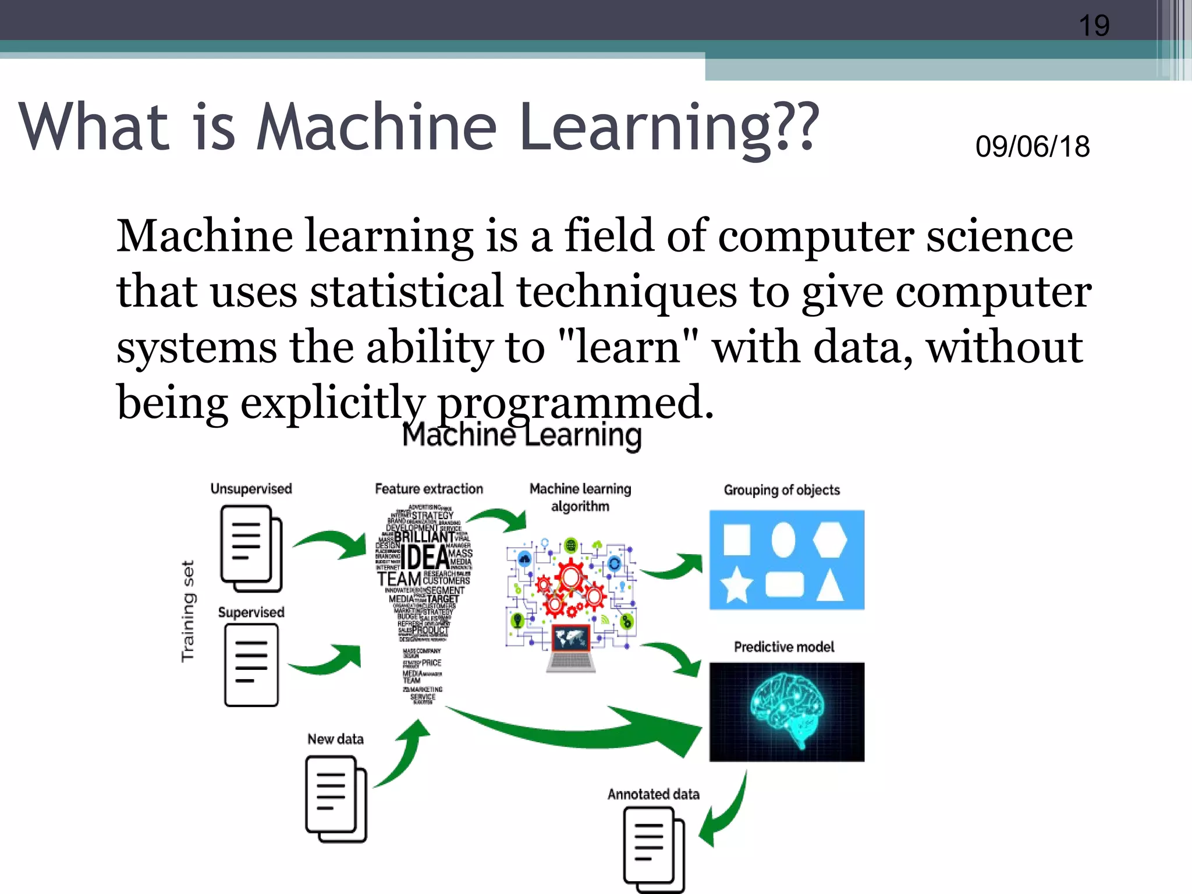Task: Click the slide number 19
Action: point(1094,26)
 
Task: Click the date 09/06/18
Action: point(1032,146)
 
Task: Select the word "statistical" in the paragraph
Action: point(406,291)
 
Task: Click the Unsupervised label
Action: point(251,489)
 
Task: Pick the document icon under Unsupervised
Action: point(251,548)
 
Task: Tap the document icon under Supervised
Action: point(251,665)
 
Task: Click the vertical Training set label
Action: point(188,611)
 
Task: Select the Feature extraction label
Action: point(429,489)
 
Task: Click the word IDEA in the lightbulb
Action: point(424,557)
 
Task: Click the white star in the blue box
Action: point(736,584)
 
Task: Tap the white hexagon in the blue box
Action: point(829,540)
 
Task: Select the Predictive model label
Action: point(783,647)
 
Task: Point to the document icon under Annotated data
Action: point(654,850)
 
